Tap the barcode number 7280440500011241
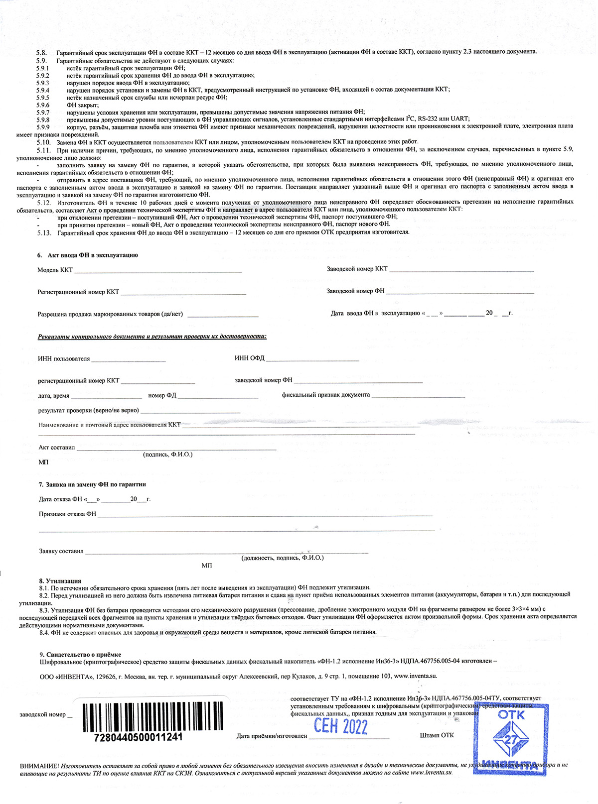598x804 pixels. point(138,737)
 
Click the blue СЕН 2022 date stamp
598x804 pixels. point(340,726)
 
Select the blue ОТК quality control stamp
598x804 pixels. point(511,739)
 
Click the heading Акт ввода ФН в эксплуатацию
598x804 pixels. point(92,255)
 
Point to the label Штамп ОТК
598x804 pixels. point(437,735)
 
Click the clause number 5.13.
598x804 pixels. point(44,232)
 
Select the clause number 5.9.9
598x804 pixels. point(43,126)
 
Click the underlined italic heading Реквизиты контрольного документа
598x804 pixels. point(152,337)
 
